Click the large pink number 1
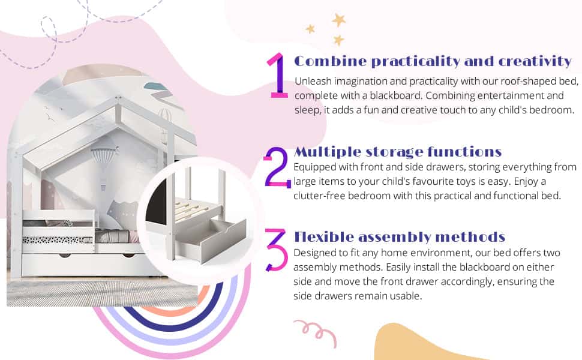pyautogui.click(x=278, y=75)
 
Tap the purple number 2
pyautogui.click(x=277, y=167)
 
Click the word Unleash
pyautogui.click(x=312, y=82)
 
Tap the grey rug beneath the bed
pyautogui.click(x=102, y=292)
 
